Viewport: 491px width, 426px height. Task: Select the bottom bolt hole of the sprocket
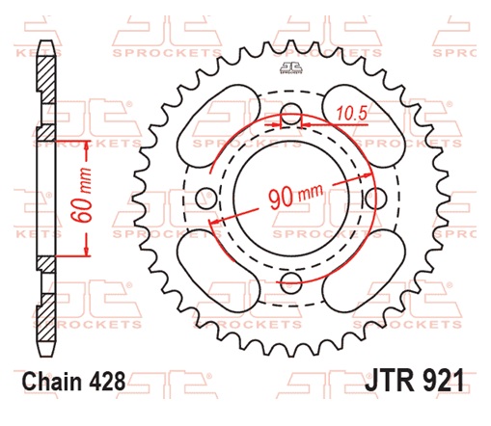click(x=286, y=281)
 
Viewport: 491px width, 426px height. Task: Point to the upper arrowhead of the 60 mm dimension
click(x=85, y=146)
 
